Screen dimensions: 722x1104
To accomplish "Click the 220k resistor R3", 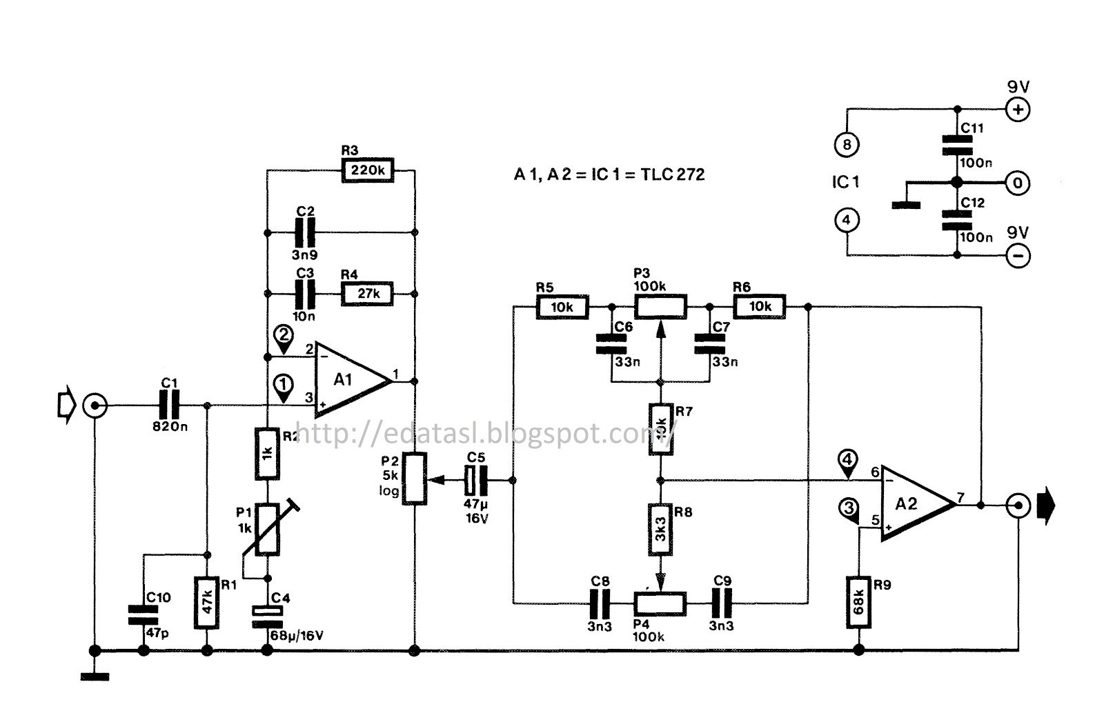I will tap(368, 170).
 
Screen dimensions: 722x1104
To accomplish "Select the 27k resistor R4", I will tap(368, 294).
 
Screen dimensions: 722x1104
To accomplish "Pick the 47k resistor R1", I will tap(207, 602).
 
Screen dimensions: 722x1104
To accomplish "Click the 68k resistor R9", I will tap(858, 602).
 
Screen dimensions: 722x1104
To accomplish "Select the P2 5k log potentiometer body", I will tap(414, 479).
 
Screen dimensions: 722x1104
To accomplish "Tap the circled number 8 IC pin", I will tap(847, 144).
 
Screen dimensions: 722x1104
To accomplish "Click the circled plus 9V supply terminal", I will tap(1018, 110).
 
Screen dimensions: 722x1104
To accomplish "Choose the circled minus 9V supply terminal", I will tap(1018, 256).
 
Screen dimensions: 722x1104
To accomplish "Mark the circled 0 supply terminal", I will tap(1018, 183).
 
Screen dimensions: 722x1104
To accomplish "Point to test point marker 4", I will tap(847, 460).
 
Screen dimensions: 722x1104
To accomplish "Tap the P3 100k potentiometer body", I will tap(660, 306).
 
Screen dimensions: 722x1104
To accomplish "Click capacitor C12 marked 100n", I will tap(956, 219).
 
